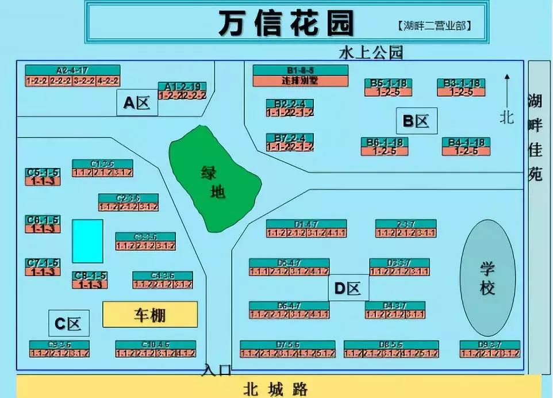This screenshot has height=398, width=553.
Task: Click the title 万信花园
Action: [x=286, y=24]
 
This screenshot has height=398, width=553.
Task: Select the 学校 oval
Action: [x=487, y=278]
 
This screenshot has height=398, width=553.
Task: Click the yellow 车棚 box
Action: [x=150, y=315]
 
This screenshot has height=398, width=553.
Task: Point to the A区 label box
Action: [x=137, y=103]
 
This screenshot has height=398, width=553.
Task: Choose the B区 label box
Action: [x=416, y=121]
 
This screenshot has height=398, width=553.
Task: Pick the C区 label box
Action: [x=69, y=324]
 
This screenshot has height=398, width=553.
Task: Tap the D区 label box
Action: [x=348, y=288]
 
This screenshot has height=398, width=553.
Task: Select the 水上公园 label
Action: [x=371, y=53]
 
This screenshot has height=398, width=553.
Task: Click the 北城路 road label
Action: [x=275, y=389]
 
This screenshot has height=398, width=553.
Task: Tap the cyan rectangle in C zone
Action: [x=87, y=241]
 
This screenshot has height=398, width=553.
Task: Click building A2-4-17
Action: [x=72, y=75]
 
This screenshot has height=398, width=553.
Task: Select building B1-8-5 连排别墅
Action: [x=300, y=75]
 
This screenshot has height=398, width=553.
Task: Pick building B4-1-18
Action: [x=466, y=147]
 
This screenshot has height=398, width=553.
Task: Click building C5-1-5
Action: [x=43, y=177]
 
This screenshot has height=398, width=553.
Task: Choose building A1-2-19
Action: [x=182, y=91]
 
